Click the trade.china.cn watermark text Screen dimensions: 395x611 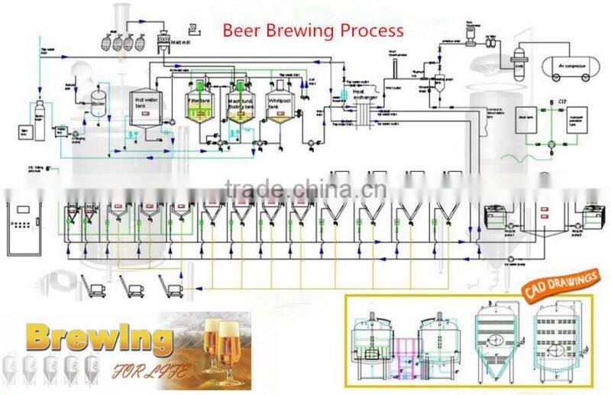coord(305,188)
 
